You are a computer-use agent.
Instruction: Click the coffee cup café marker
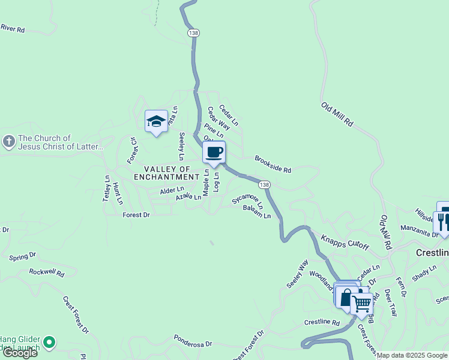coord(214,152)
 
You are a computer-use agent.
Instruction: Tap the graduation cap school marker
coord(156,122)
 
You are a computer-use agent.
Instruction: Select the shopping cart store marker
coord(361,304)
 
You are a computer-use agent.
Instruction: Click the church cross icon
coord(8,142)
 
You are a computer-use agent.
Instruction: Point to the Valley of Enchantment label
coord(166,173)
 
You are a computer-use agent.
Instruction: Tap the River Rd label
coord(13,28)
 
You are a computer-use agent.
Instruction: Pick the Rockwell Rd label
coord(47,272)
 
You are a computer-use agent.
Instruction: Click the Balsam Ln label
coord(257,212)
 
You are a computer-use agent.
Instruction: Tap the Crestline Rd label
coord(322,322)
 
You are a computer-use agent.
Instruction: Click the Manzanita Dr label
coord(419,232)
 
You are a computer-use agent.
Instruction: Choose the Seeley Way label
coord(297,274)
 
